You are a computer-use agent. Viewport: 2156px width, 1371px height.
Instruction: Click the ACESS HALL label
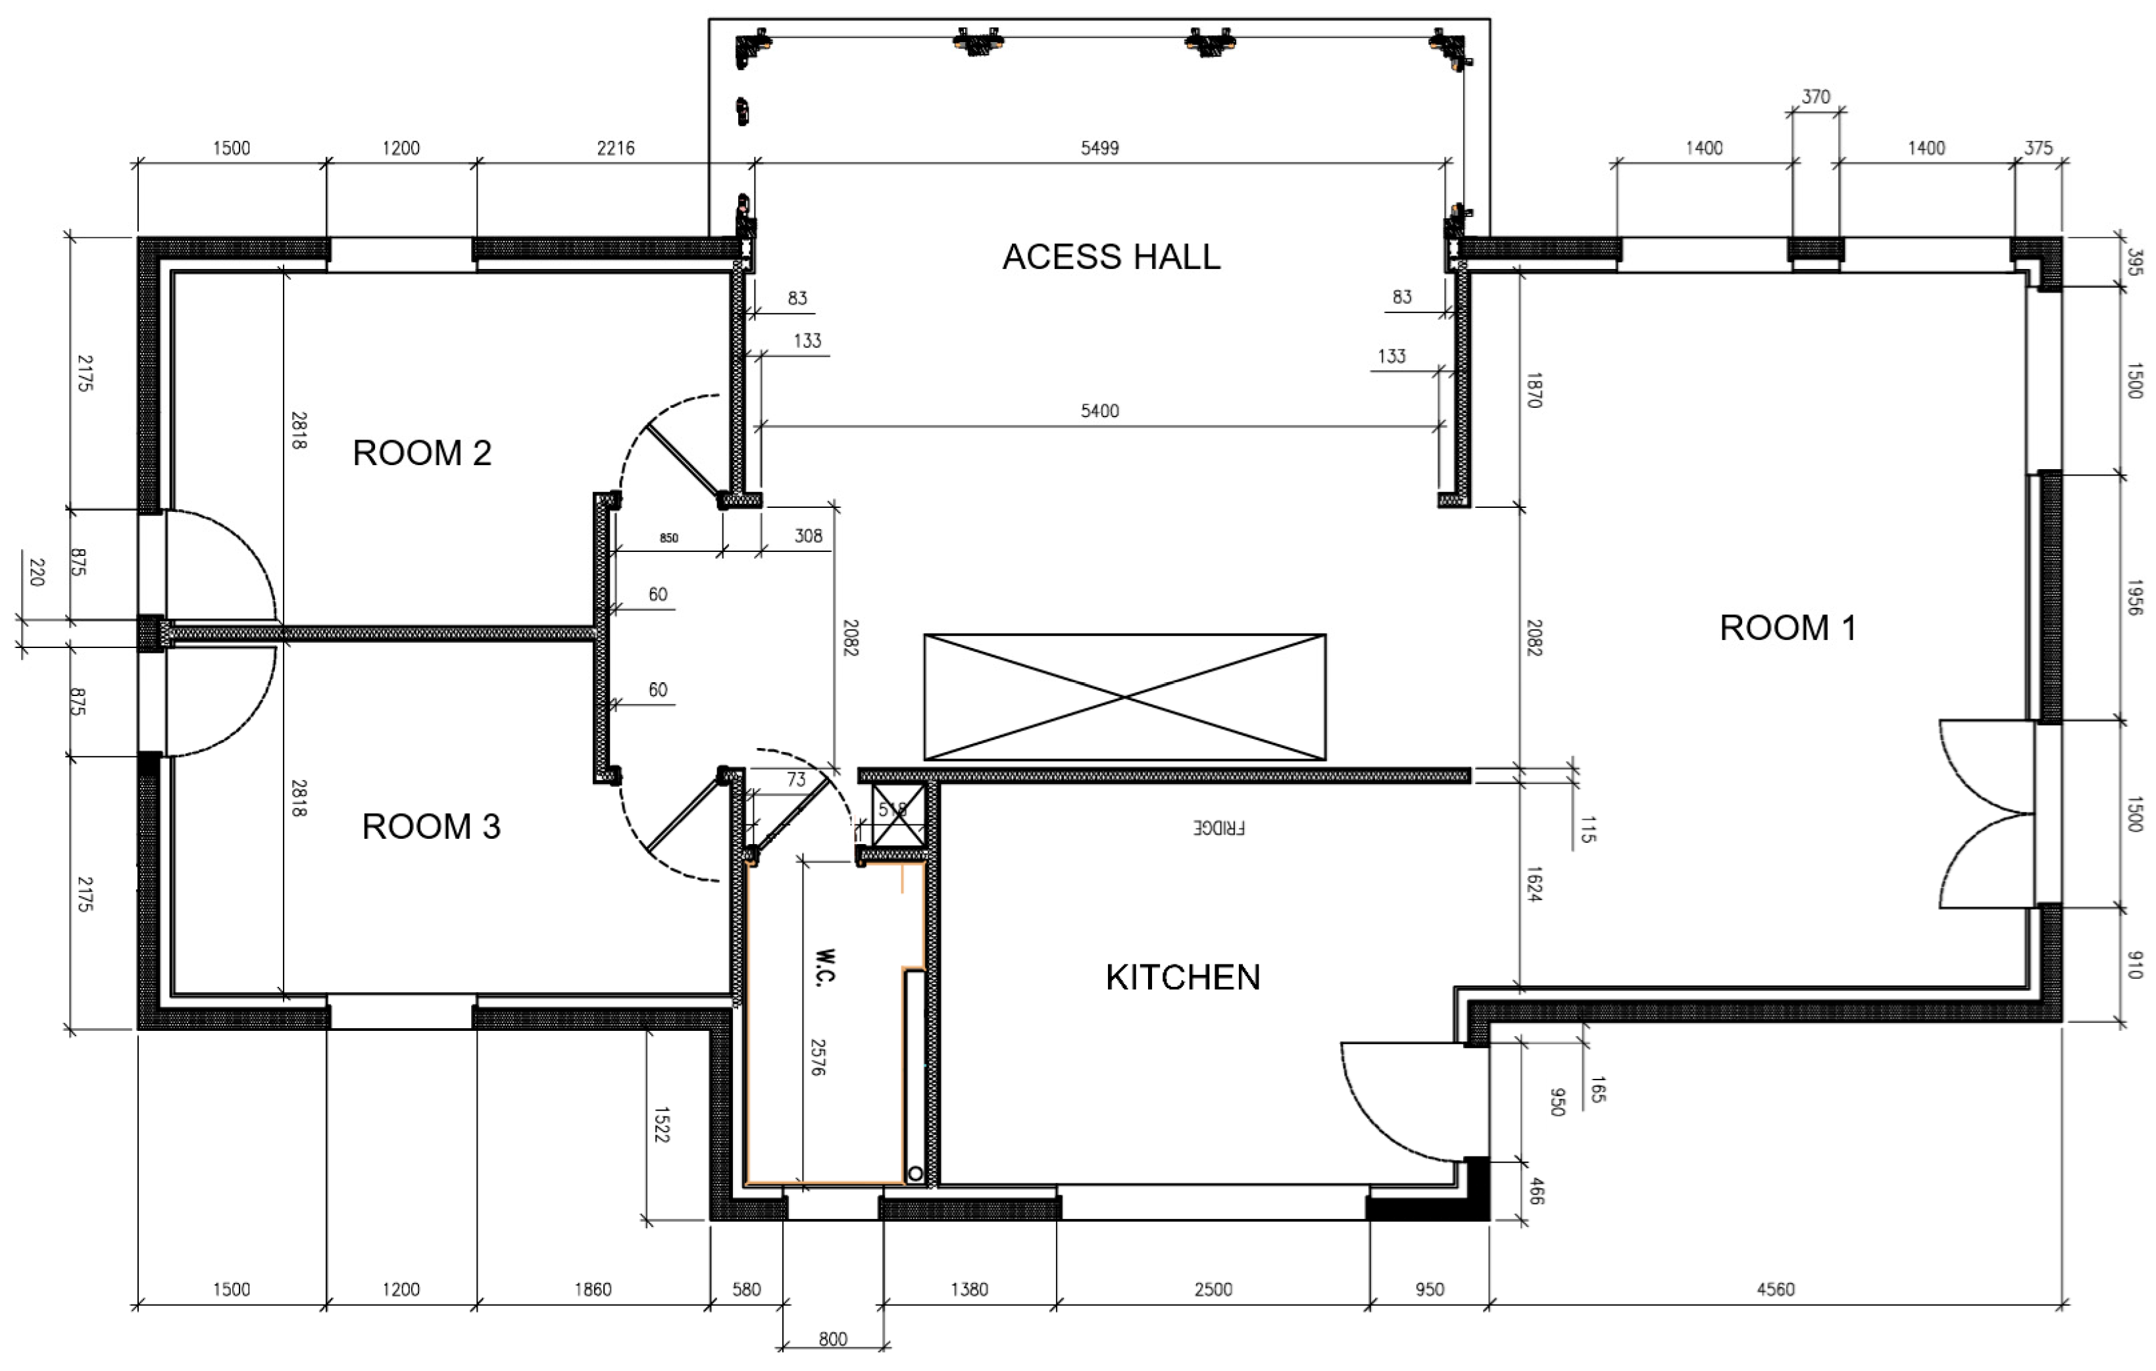coord(1110,257)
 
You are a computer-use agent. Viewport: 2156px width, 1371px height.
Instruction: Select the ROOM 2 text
coord(422,453)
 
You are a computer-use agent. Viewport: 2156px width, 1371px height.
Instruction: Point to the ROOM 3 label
coord(431,826)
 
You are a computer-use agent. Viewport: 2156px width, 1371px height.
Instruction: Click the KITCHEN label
coord(1183,977)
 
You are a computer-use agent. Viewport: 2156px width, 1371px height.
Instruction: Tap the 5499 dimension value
coord(1099,148)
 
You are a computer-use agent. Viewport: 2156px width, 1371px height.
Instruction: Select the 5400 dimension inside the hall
coord(1099,411)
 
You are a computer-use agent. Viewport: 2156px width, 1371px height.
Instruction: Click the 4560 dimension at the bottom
coord(1776,1289)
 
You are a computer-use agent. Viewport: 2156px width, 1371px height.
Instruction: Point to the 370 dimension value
coord(1816,97)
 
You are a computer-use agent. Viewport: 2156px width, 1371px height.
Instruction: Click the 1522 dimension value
coord(661,1125)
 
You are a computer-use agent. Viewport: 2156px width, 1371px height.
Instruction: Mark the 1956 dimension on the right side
coord(2134,597)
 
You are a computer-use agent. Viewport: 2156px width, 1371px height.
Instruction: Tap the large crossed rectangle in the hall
coord(1124,697)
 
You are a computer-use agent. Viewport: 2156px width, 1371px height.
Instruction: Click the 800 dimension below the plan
coord(833,1339)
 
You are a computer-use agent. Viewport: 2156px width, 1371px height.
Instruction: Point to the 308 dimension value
coord(809,536)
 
